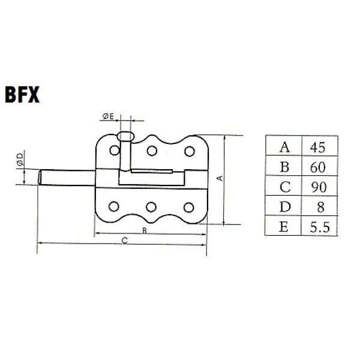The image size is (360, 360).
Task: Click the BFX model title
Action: [x=22, y=94]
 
